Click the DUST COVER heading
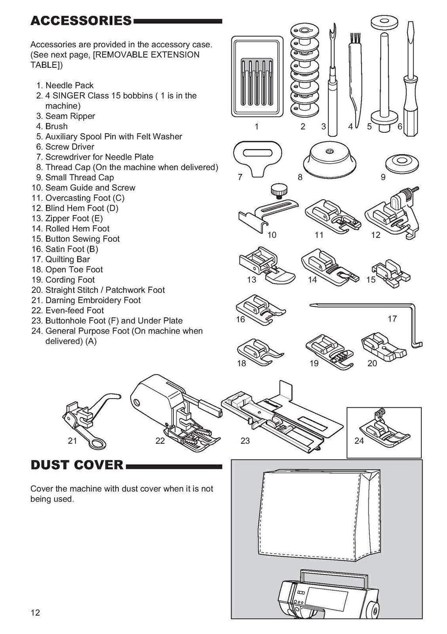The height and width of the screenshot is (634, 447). (77, 464)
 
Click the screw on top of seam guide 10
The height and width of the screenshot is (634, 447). (276, 189)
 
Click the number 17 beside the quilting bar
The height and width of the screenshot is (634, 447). (392, 319)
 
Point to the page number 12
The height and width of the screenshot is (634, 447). (35, 613)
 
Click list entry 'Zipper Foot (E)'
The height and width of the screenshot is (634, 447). (74, 218)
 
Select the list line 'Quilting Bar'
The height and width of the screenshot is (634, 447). (67, 259)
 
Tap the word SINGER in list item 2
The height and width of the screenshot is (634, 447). (69, 96)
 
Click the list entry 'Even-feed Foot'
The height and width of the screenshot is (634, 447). (75, 310)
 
